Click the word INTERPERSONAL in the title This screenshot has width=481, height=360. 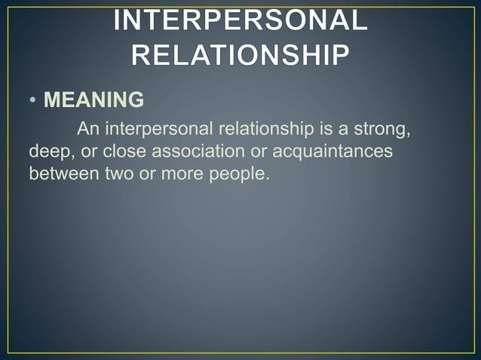(240, 21)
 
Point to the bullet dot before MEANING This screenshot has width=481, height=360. (33, 101)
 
